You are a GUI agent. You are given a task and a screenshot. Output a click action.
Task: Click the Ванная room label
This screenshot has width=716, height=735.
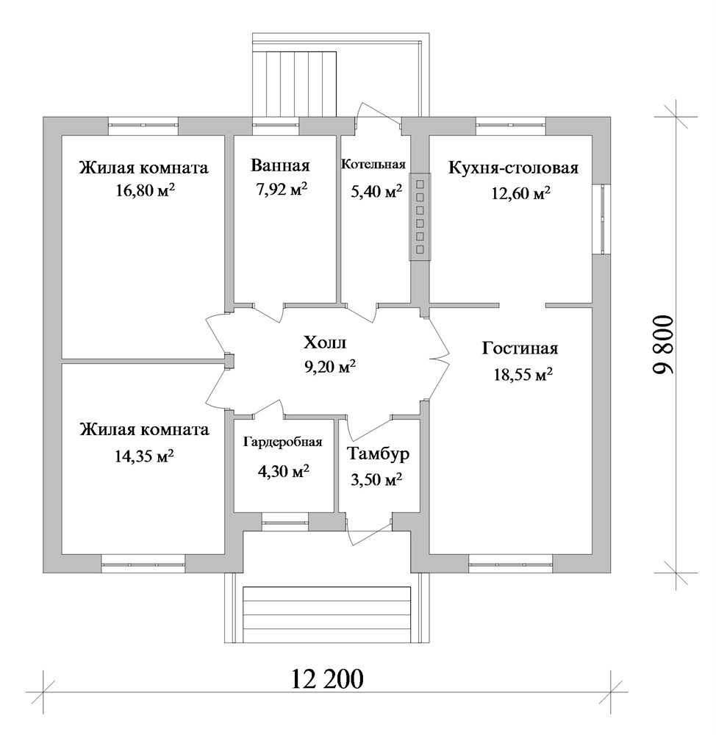(x=280, y=165)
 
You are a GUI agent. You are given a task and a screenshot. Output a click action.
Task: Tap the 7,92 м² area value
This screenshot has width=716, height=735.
(x=282, y=190)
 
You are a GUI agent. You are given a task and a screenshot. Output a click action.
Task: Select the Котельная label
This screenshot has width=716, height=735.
(x=373, y=165)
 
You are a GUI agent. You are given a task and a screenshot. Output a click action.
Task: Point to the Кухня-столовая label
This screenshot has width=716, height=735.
(x=513, y=168)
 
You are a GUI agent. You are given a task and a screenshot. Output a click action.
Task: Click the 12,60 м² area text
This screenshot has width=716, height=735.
(x=520, y=193)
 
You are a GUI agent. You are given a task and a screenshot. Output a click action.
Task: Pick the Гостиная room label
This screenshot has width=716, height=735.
(x=520, y=348)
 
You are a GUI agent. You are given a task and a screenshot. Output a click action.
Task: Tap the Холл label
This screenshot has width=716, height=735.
(x=325, y=343)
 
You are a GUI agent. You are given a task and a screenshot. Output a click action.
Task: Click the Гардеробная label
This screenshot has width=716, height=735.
(x=283, y=442)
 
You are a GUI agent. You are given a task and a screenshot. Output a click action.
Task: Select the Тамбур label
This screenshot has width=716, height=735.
(x=378, y=453)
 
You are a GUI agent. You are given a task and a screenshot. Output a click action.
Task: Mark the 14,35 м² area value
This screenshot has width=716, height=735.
(x=144, y=456)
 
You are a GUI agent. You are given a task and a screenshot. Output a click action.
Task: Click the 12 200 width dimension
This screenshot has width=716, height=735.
(x=327, y=678)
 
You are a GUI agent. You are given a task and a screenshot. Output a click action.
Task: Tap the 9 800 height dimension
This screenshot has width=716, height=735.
(x=663, y=345)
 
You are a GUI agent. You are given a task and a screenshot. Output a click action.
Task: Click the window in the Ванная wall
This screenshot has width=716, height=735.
(x=276, y=125)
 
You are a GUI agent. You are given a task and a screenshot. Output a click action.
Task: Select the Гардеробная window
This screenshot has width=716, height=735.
(x=285, y=521)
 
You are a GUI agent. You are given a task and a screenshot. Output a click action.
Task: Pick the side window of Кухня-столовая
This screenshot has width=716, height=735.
(x=602, y=219)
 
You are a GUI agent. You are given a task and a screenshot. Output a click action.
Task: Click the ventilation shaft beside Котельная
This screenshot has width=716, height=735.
(x=420, y=217)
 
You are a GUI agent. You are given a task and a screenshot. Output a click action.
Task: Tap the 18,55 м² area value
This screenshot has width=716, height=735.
(x=523, y=375)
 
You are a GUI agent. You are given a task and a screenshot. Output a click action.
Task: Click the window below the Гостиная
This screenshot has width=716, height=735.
(x=511, y=564)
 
